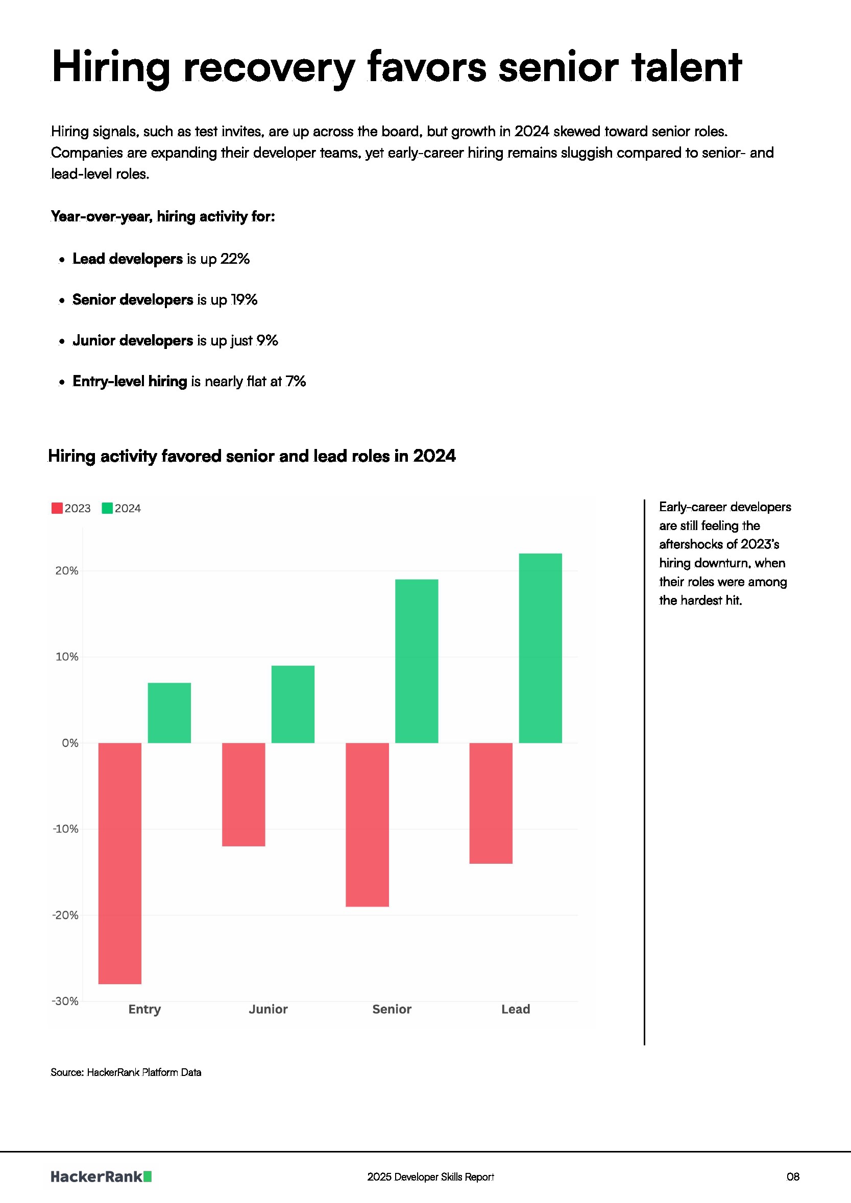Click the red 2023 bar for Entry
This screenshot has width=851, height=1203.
click(119, 863)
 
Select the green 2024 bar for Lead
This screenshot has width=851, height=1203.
click(540, 648)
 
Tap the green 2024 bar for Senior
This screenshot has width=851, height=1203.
click(417, 661)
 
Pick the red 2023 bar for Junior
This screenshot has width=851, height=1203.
click(244, 794)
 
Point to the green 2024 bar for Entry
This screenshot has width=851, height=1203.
click(169, 713)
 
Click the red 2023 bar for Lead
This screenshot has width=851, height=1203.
click(491, 803)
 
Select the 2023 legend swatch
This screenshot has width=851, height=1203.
click(57, 508)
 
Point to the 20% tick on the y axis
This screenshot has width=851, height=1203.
click(66, 570)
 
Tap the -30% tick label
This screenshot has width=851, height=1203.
click(65, 1001)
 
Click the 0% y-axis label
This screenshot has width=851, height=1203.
click(70, 743)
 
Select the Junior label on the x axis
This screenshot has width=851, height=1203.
click(268, 1009)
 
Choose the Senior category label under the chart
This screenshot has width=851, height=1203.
click(392, 1009)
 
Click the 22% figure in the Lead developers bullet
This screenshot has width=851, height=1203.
click(234, 259)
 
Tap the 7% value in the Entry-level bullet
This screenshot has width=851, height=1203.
click(295, 382)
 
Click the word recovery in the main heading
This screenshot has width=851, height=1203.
click(269, 67)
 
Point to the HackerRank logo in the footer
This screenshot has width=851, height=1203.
click(101, 1177)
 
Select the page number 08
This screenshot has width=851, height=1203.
click(793, 1177)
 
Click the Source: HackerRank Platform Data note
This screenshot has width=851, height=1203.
click(126, 1072)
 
